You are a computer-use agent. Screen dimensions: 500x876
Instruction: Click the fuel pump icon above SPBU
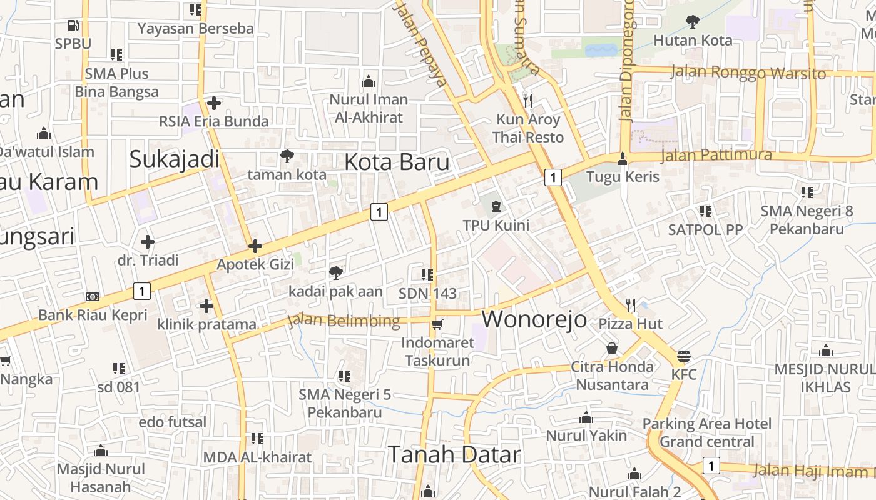pyautogui.click(x=73, y=26)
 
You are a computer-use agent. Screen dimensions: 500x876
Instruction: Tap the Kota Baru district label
pyautogui.click(x=397, y=162)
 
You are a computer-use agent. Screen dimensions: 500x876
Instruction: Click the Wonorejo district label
pyautogui.click(x=534, y=319)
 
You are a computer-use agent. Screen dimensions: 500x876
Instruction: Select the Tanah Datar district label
pyautogui.click(x=454, y=454)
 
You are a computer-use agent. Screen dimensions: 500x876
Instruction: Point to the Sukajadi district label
pyautogui.click(x=174, y=159)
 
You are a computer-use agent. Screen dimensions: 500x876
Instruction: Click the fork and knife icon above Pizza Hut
pyautogui.click(x=631, y=305)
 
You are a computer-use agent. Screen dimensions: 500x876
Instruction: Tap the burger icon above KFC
pyautogui.click(x=683, y=357)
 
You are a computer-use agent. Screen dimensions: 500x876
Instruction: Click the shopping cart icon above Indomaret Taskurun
pyautogui.click(x=437, y=324)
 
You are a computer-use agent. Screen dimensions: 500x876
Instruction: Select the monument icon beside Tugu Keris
pyautogui.click(x=622, y=159)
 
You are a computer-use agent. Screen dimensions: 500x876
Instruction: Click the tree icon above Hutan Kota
pyautogui.click(x=692, y=22)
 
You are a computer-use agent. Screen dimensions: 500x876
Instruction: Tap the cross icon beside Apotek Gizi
pyautogui.click(x=255, y=246)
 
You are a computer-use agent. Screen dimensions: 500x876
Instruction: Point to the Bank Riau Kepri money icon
pyautogui.click(x=93, y=297)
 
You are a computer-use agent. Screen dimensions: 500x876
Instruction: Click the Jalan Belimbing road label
pyautogui.click(x=344, y=321)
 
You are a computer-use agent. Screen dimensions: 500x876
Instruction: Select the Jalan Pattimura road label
pyautogui.click(x=716, y=155)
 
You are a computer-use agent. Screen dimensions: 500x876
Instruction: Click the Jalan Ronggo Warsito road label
pyautogui.click(x=748, y=72)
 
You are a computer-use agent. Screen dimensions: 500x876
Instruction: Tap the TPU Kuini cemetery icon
pyautogui.click(x=496, y=206)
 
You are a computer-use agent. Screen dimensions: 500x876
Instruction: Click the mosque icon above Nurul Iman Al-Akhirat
pyautogui.click(x=369, y=81)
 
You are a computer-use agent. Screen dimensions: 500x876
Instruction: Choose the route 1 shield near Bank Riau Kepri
pyautogui.click(x=142, y=291)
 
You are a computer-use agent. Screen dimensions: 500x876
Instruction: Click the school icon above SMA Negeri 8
pyautogui.click(x=807, y=192)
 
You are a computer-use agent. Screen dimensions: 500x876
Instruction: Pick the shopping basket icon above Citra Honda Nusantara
pyautogui.click(x=612, y=348)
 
